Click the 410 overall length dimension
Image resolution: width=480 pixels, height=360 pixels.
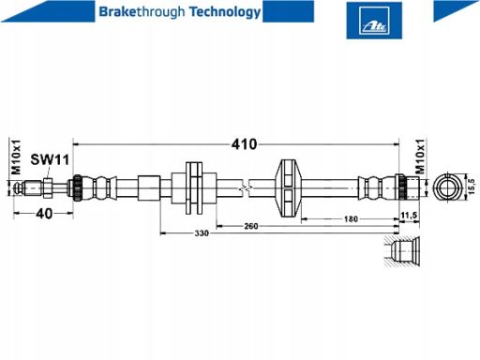[x=244, y=144]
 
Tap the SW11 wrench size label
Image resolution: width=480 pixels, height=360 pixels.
[x=50, y=159]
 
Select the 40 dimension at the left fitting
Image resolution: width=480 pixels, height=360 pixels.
[x=44, y=214]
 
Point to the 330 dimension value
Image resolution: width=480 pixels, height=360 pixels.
[x=202, y=233]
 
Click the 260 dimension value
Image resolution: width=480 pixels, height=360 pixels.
[x=251, y=226]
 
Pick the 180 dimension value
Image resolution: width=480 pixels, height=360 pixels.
[x=351, y=219]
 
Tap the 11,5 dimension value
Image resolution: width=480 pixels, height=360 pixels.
[x=409, y=216]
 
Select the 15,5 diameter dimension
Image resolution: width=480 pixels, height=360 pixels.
[x=471, y=187]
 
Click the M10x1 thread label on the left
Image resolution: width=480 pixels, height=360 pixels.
[x=16, y=157]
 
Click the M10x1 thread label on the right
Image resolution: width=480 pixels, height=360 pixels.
[x=420, y=157]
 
